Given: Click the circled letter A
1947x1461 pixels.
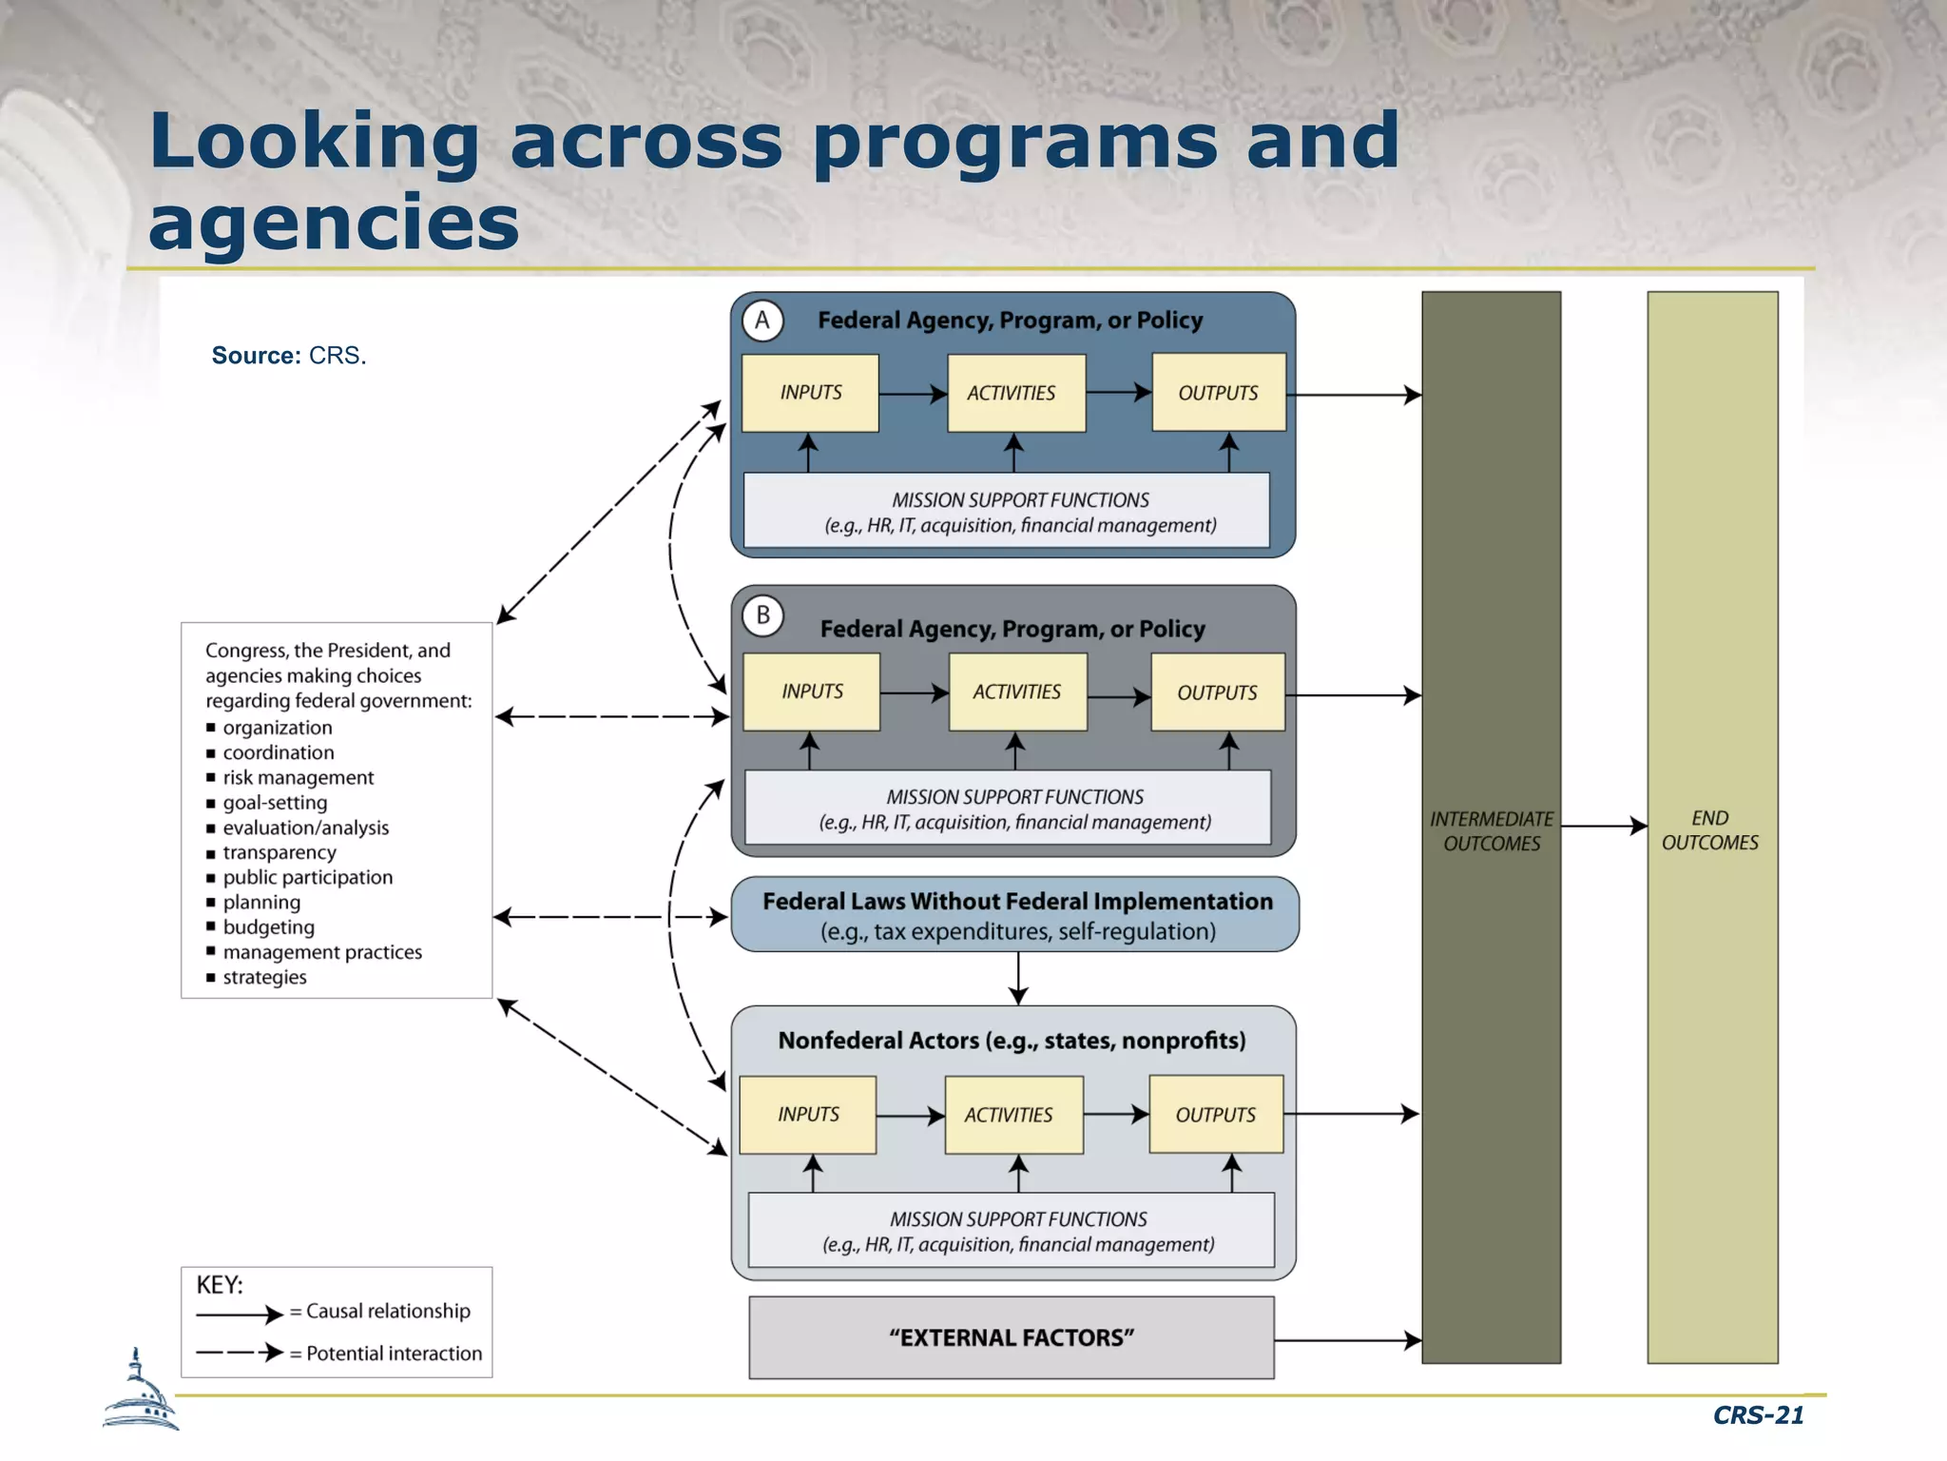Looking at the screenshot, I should (x=762, y=321).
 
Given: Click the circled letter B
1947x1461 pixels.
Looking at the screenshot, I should (x=762, y=615).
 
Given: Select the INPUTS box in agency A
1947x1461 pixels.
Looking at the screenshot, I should (x=810, y=393).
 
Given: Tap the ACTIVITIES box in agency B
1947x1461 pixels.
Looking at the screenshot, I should (x=1017, y=692).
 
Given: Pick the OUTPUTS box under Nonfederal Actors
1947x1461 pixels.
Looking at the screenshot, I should (x=1216, y=1114).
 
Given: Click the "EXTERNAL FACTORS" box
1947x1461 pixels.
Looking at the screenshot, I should (x=1012, y=1337).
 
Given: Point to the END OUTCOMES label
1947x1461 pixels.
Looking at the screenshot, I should (x=1710, y=830).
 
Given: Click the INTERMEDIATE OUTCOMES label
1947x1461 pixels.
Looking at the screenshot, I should (x=1492, y=831).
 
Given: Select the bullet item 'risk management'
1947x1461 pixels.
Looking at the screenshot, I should (x=298, y=777).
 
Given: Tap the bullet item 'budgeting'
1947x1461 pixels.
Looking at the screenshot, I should (x=268, y=926).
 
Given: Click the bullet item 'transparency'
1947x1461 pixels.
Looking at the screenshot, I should (x=279, y=852).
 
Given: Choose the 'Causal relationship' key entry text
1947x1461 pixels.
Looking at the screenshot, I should (x=388, y=1311).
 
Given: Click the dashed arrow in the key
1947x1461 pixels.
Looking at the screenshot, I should (x=239, y=1352).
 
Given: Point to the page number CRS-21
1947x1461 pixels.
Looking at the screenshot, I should (x=1758, y=1415).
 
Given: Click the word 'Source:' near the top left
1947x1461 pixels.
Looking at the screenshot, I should (x=256, y=355).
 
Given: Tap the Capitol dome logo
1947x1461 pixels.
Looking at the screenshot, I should (x=140, y=1392).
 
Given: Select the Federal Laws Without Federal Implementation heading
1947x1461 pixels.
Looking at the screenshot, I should (x=1017, y=901).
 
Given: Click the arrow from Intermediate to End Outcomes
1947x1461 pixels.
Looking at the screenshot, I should (x=1604, y=826).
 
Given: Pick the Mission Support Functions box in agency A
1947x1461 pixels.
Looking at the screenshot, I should (x=1007, y=512).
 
